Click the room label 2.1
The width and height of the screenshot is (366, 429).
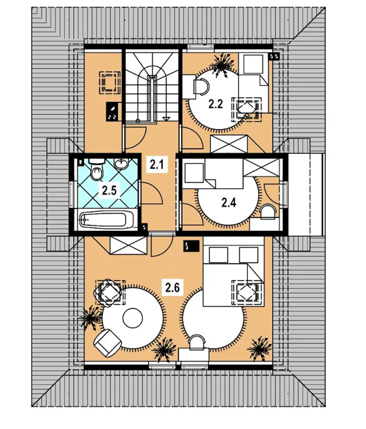[157, 165]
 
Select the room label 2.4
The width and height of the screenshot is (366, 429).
[228, 203]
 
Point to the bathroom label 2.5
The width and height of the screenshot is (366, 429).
[110, 190]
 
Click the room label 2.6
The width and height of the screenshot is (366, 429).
[172, 288]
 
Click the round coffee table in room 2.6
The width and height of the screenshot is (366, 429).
[132, 318]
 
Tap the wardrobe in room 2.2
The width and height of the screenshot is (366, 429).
[229, 144]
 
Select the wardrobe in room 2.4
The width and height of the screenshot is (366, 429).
[261, 167]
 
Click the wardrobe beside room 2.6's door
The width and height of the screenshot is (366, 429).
[128, 245]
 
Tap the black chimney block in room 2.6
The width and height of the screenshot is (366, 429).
[192, 246]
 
